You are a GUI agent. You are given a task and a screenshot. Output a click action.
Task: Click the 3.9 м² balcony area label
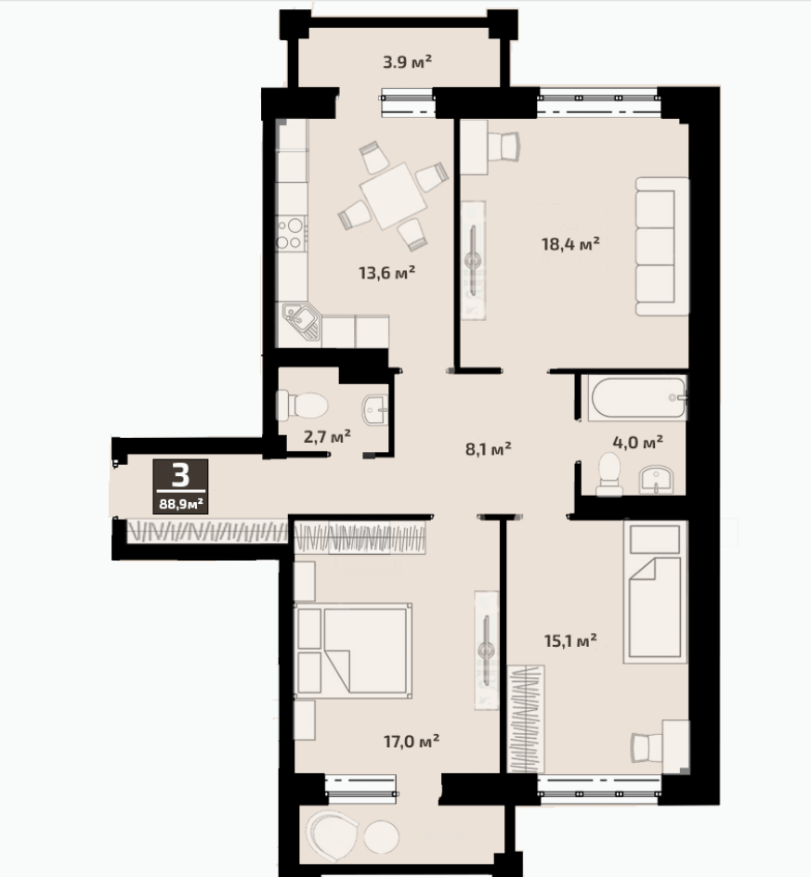[x=407, y=61]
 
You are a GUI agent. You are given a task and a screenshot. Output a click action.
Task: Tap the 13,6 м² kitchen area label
[x=386, y=273]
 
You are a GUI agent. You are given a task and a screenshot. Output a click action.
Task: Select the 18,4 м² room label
[x=570, y=244]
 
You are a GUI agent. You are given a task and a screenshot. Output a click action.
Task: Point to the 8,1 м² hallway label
[x=488, y=448]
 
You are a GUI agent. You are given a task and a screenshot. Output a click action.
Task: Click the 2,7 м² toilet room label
[x=327, y=435]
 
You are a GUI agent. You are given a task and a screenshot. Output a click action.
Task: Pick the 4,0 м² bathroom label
[x=638, y=443]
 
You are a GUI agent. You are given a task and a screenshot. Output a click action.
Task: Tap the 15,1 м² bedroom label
[x=570, y=639]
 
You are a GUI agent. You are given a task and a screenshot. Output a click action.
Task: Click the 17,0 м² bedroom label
[x=412, y=742]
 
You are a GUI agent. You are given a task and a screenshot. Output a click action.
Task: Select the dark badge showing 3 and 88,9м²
[x=180, y=486]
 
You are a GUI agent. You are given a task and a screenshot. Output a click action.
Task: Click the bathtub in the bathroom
[x=638, y=397]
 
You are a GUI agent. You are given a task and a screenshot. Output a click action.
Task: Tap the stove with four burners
[x=292, y=234]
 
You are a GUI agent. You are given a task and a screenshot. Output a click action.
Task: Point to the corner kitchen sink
[x=301, y=321]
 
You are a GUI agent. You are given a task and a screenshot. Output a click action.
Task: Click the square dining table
[x=394, y=196]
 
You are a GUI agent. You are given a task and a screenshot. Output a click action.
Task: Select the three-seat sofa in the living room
[x=662, y=246]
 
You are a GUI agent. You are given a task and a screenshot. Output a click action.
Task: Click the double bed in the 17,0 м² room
[x=353, y=650]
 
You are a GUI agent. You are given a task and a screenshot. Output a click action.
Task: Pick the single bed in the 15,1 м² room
[x=655, y=592]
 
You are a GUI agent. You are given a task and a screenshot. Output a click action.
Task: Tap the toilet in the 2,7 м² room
[x=302, y=405]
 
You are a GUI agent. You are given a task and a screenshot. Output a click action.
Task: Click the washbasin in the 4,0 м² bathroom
[x=657, y=481]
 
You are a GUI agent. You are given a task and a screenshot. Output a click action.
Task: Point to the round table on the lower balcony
[x=381, y=837]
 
